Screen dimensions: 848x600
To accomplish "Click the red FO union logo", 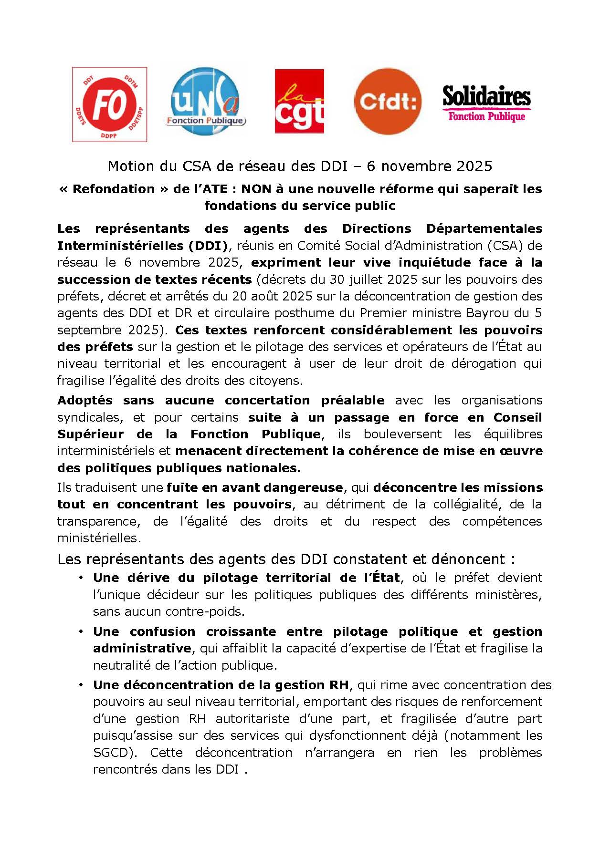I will click(109, 104).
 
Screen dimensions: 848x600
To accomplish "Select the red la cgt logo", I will click(299, 101).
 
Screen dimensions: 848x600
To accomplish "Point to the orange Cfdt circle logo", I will click(388, 101).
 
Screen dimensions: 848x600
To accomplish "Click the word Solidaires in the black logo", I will click(486, 97).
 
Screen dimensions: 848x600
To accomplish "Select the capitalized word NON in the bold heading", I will click(256, 189).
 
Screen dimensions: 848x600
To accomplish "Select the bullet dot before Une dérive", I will click(82, 578).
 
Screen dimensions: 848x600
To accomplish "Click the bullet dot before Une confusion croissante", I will click(82, 631).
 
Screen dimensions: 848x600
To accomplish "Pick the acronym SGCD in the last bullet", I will click(112, 753).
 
